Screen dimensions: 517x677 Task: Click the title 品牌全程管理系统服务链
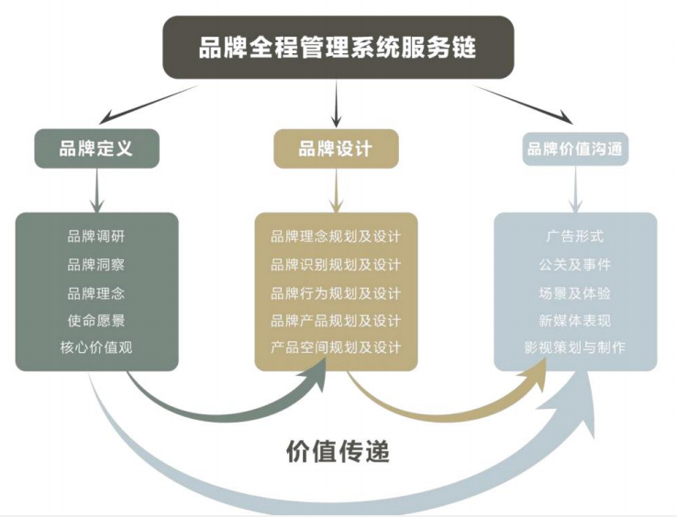(x=338, y=48)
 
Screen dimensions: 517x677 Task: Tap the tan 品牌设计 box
(x=336, y=148)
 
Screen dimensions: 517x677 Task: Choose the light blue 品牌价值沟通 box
(x=577, y=148)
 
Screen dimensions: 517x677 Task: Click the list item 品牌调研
(x=96, y=236)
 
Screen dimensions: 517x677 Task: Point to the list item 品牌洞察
(x=96, y=265)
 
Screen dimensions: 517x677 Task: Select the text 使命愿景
(x=96, y=320)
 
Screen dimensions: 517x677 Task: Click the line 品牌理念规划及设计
(x=336, y=236)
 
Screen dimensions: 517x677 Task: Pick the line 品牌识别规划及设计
(x=336, y=265)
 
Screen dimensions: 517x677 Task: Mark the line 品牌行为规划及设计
(x=336, y=293)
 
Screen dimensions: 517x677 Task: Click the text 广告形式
(x=575, y=236)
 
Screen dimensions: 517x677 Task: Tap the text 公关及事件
(x=575, y=265)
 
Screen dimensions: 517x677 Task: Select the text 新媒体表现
(x=575, y=321)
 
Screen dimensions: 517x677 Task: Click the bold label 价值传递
(x=338, y=451)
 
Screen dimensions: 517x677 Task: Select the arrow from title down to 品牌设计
(x=337, y=104)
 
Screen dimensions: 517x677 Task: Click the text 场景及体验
(x=575, y=293)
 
